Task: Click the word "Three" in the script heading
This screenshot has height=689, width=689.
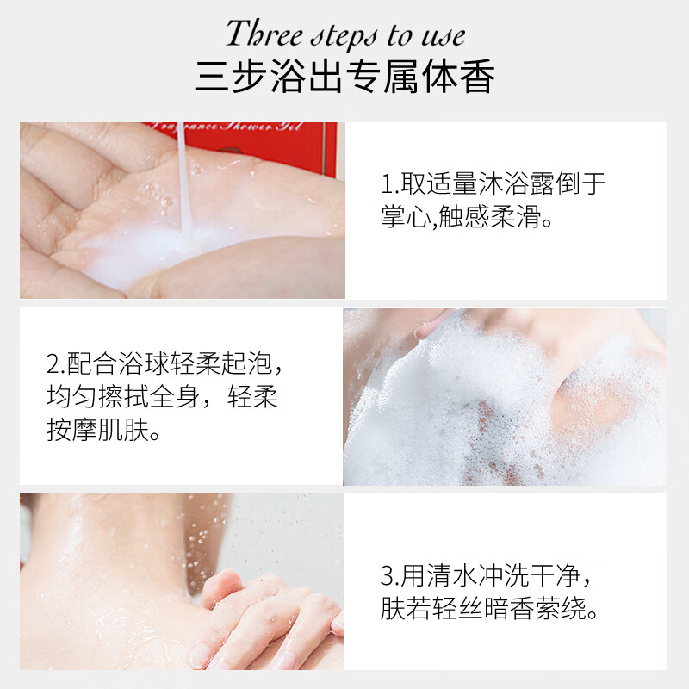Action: [264, 34]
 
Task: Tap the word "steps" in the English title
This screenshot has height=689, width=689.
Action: [344, 37]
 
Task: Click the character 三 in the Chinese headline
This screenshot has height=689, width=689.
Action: [212, 76]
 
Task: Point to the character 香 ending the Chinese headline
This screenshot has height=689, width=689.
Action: [478, 76]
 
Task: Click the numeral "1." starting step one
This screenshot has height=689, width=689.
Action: [390, 183]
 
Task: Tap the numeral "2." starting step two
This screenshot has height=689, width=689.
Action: [56, 363]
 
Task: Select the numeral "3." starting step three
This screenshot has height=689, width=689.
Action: [389, 575]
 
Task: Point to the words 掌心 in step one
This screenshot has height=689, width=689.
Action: [407, 216]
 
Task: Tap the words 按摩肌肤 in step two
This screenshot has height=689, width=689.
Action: [98, 429]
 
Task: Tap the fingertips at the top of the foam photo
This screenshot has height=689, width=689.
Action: [433, 326]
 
